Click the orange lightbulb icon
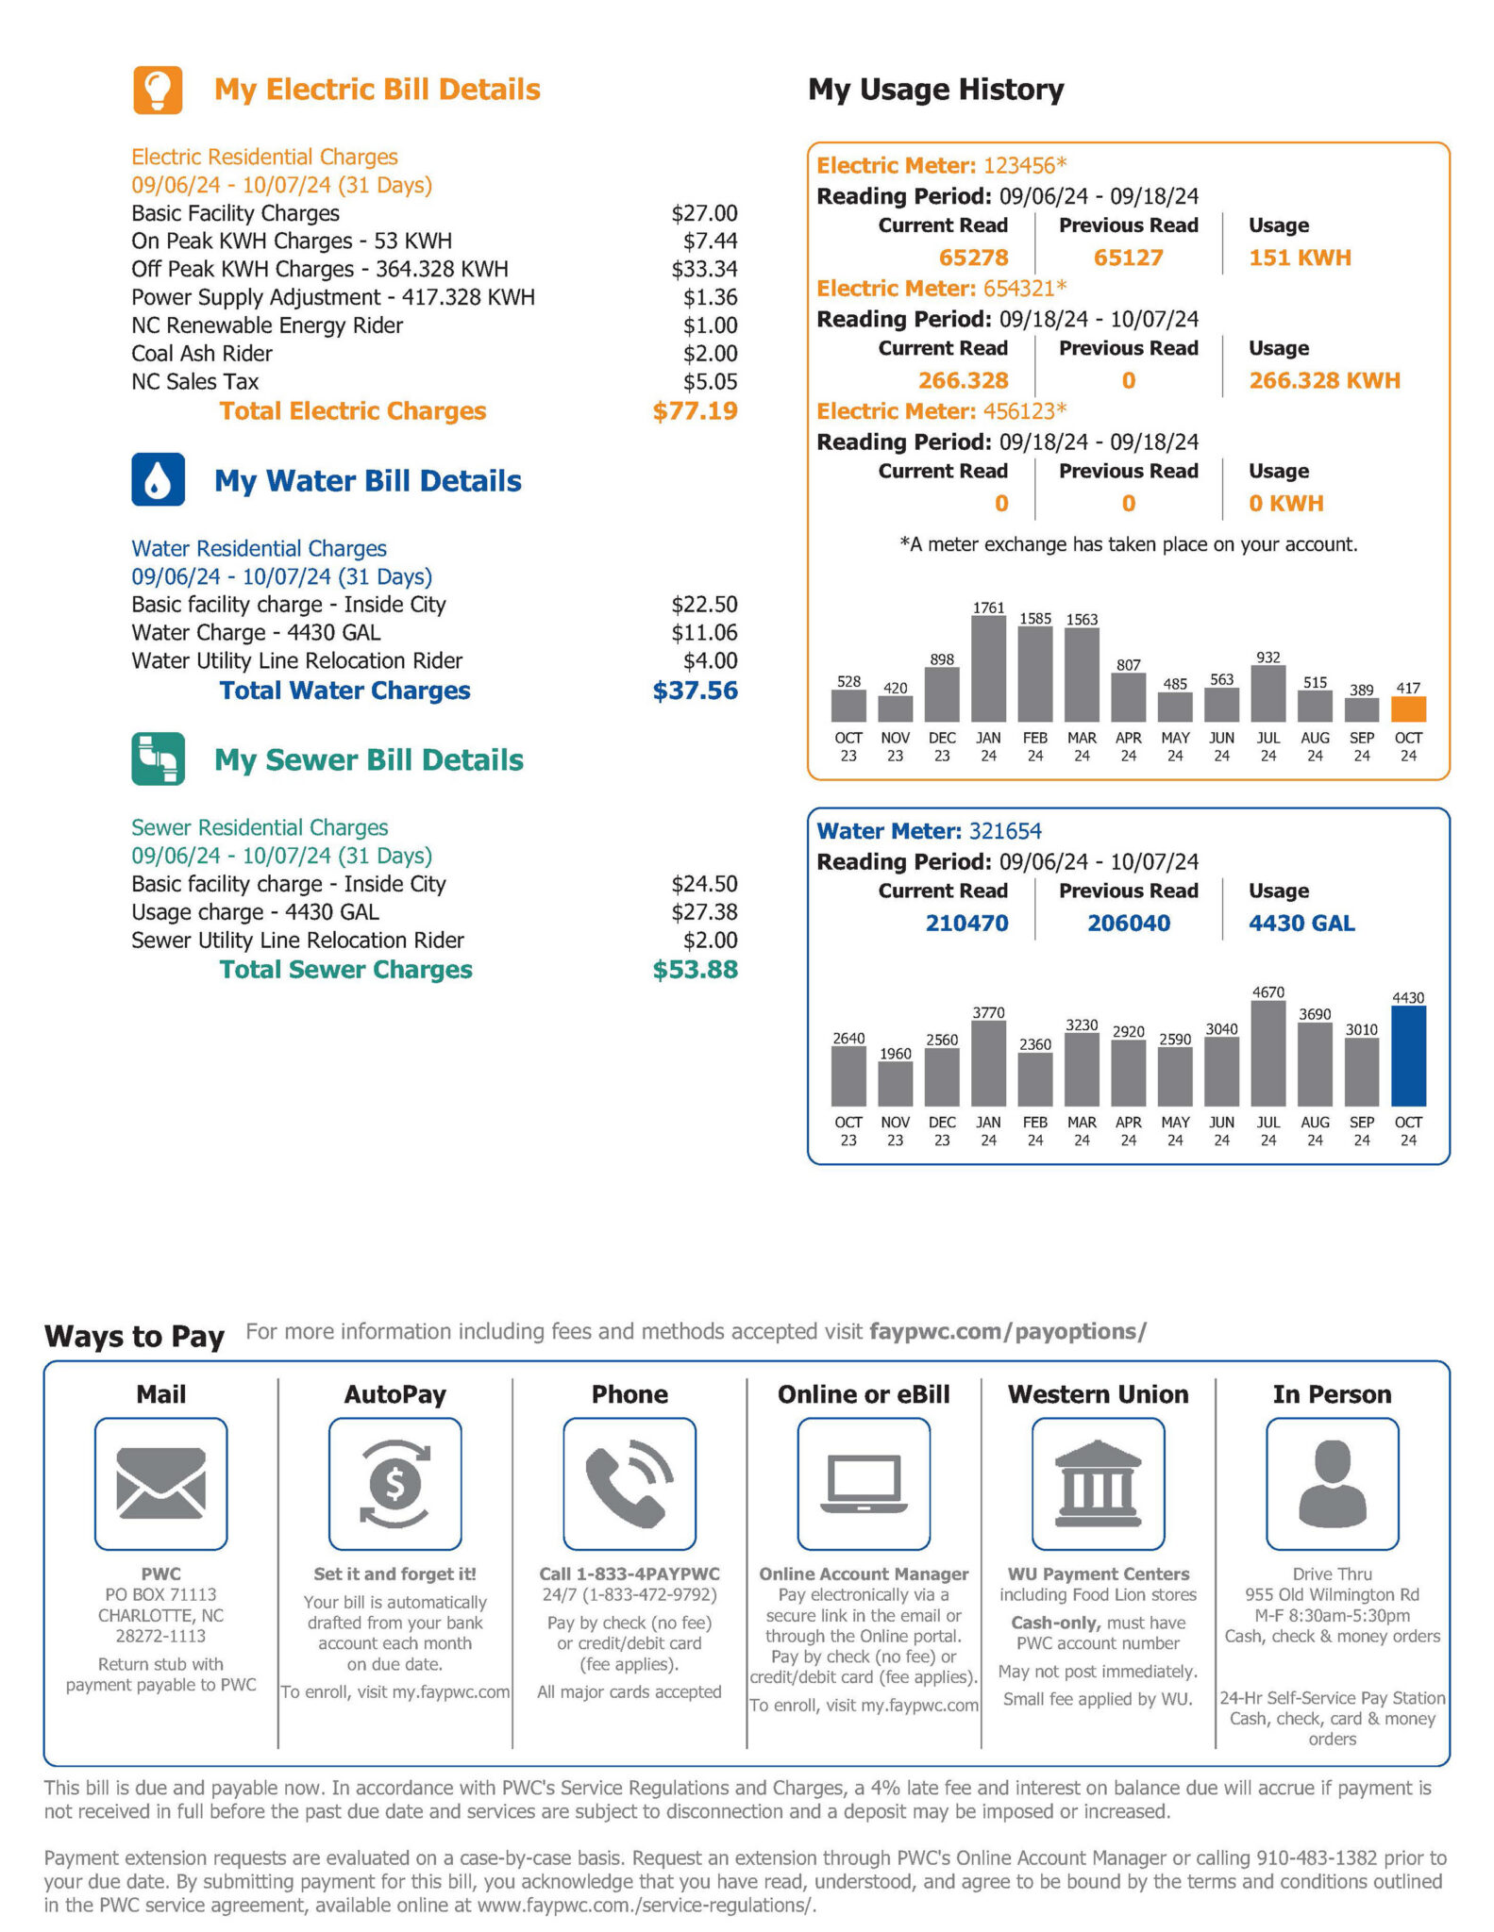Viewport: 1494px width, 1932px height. [x=158, y=90]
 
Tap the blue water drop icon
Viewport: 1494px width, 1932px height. [x=158, y=479]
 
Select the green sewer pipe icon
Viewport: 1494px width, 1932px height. [x=158, y=758]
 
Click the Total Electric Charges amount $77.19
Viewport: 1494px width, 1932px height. [x=695, y=411]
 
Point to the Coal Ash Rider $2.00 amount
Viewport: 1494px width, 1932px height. [x=710, y=354]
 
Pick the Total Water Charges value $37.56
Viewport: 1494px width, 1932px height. [x=695, y=691]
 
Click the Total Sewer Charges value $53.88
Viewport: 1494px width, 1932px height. [x=695, y=970]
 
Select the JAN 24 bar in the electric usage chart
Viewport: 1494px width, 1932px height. [x=988, y=669]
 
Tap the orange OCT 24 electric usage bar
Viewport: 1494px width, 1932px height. [x=1408, y=708]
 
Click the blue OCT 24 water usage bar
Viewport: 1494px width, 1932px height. [x=1408, y=1056]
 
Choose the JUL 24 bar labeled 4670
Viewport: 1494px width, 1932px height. [x=1268, y=1053]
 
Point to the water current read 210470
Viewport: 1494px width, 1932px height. [x=966, y=924]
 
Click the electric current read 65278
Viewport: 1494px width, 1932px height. [x=973, y=258]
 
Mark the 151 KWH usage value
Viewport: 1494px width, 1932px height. [x=1300, y=258]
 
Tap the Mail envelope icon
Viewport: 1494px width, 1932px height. [x=160, y=1483]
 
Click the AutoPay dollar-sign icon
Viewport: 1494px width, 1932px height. [x=394, y=1483]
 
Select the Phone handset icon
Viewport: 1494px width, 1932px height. [x=629, y=1483]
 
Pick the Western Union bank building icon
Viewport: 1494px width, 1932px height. [x=1098, y=1483]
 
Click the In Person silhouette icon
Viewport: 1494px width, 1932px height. [x=1332, y=1483]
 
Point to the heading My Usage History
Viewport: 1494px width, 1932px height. [x=935, y=90]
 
